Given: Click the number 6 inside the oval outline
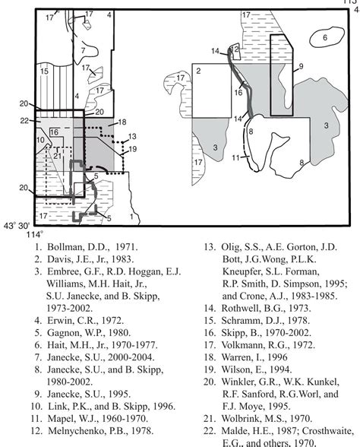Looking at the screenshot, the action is (x=324, y=37).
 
